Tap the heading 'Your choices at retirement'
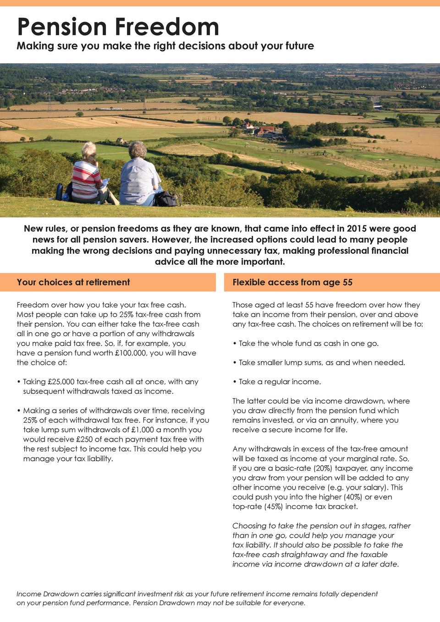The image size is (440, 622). (x=73, y=282)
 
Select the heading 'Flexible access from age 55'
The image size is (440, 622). (x=292, y=282)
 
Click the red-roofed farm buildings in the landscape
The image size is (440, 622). (x=264, y=131)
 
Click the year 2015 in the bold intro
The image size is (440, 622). (x=357, y=229)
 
